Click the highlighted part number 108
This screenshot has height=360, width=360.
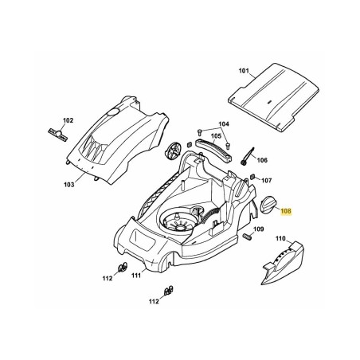tap(286, 211)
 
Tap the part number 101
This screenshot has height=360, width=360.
tap(244, 71)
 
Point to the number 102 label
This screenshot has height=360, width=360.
tap(68, 120)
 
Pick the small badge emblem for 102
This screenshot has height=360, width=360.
tap(58, 134)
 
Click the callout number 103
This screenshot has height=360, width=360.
tap(69, 184)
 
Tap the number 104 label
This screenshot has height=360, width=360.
tap(224, 124)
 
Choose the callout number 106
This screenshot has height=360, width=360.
tap(262, 160)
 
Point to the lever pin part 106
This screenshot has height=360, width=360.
tap(247, 156)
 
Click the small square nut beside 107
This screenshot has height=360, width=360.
tap(253, 177)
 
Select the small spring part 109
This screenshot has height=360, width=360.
tap(247, 237)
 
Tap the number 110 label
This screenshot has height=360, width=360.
tap(280, 238)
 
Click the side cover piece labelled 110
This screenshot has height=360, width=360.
tap(283, 264)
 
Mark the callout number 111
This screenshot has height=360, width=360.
tap(136, 276)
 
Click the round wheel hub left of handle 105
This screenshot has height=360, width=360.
tap(173, 151)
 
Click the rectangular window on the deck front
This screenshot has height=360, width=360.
tap(143, 238)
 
